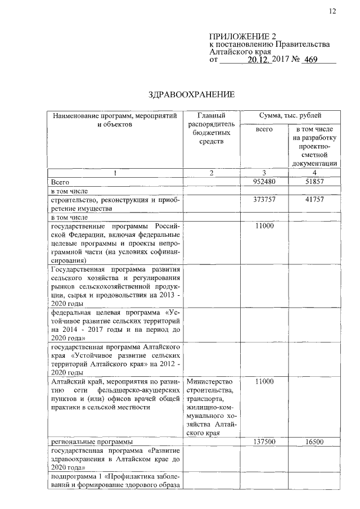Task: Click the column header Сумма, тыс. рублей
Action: pos(290,115)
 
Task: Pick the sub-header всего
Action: pos(264,130)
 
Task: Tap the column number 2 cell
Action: pos(211,173)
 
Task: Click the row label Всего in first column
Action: pos(60,182)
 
